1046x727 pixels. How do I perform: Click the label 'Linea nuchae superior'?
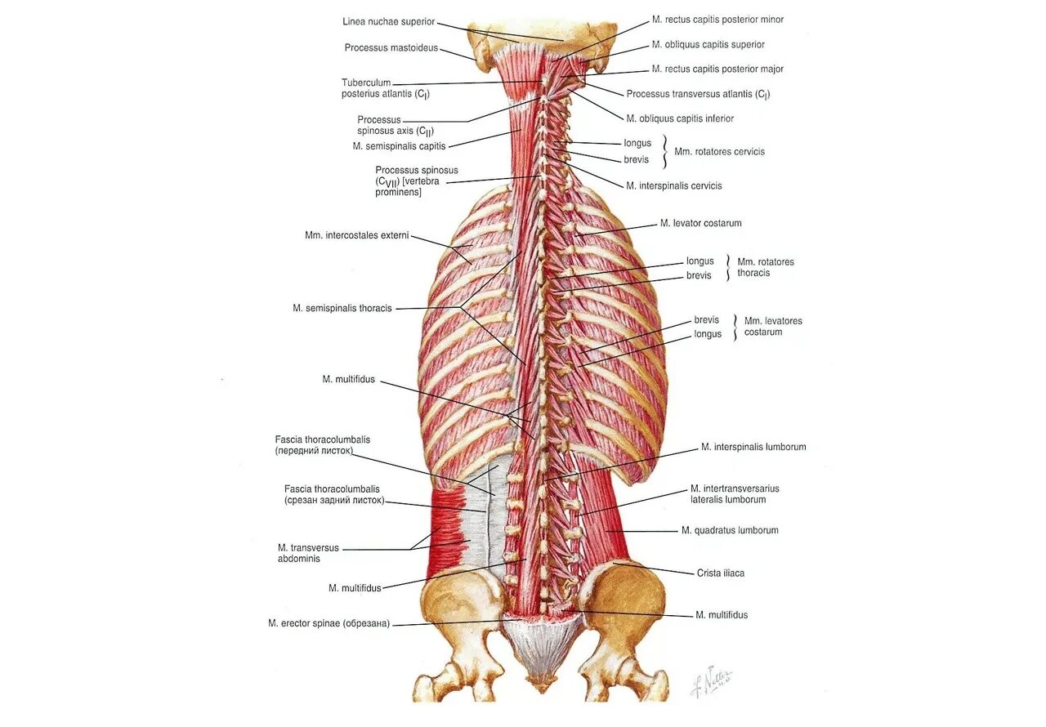click(389, 21)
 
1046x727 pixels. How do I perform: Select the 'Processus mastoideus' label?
click(391, 47)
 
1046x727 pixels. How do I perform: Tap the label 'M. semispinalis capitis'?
click(399, 146)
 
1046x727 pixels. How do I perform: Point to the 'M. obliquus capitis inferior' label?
click(680, 118)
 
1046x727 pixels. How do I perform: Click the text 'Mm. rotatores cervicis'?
click(719, 151)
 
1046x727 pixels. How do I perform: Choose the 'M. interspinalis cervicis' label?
click(673, 185)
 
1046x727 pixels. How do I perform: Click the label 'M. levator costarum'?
click(700, 223)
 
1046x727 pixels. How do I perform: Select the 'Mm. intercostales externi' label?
click(356, 235)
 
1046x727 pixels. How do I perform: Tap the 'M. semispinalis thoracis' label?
click(342, 308)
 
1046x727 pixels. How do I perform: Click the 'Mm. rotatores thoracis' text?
click(765, 267)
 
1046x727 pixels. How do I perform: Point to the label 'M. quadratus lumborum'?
click(730, 530)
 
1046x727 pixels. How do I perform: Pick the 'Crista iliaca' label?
click(720, 573)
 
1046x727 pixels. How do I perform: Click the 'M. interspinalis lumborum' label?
click(753, 447)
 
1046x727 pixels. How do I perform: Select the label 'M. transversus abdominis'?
click(308, 553)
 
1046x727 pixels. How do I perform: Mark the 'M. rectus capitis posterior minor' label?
click(717, 20)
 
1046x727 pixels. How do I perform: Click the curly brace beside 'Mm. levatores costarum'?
click(735, 327)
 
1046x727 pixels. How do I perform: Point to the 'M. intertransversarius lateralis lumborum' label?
click(735, 493)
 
